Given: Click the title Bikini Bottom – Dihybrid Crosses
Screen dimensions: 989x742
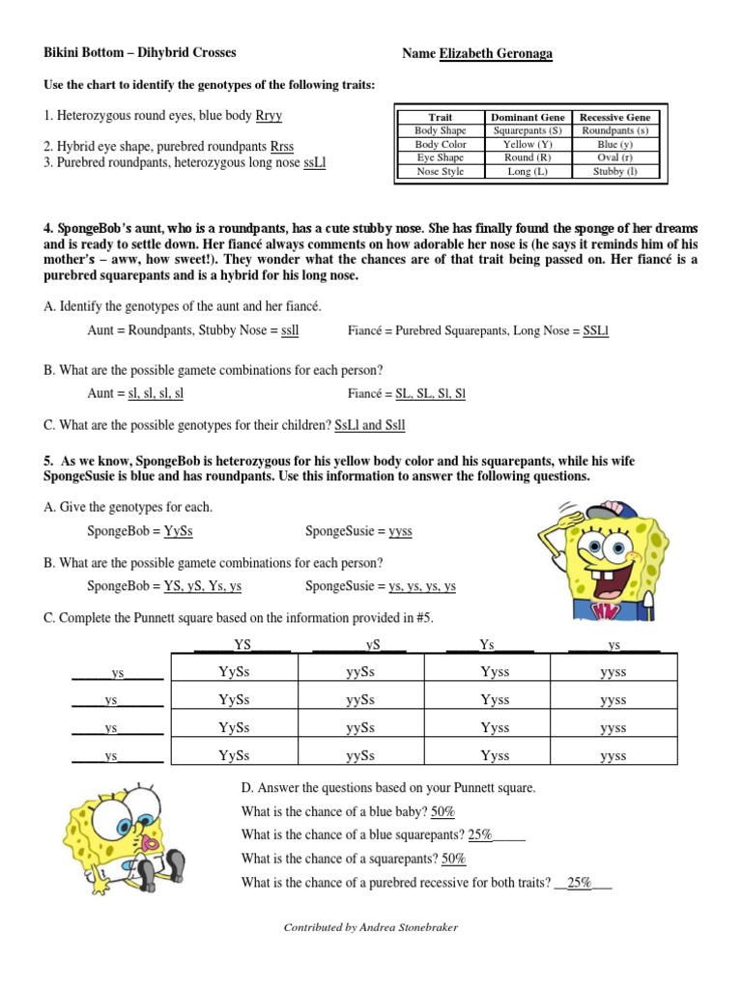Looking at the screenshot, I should click(140, 53).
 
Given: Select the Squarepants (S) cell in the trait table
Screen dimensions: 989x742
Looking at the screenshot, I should click(527, 130).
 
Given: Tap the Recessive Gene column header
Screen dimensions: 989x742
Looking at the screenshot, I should click(614, 117).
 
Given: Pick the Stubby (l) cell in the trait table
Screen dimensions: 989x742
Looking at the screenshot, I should click(614, 171).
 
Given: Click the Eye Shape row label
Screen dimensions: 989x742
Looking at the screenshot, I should click(440, 157).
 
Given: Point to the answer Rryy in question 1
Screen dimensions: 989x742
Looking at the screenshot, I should click(269, 116).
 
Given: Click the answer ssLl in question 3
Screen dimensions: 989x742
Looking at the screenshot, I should click(315, 162).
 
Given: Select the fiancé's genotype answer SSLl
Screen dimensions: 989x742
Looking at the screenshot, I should click(596, 331).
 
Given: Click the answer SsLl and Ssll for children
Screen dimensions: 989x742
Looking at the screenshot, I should click(370, 424).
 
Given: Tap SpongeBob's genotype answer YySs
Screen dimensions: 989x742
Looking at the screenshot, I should click(179, 531).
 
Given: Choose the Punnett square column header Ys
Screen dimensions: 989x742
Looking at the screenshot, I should click(487, 644).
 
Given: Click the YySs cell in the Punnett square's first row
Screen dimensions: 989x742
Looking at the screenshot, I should click(234, 672).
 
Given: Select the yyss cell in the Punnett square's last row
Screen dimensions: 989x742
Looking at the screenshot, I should click(614, 756).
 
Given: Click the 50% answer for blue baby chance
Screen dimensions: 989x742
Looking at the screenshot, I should click(443, 810).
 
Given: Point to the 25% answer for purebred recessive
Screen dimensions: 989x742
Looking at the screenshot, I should click(580, 882).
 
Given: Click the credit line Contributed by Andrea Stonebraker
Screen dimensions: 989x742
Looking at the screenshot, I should click(371, 927).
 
